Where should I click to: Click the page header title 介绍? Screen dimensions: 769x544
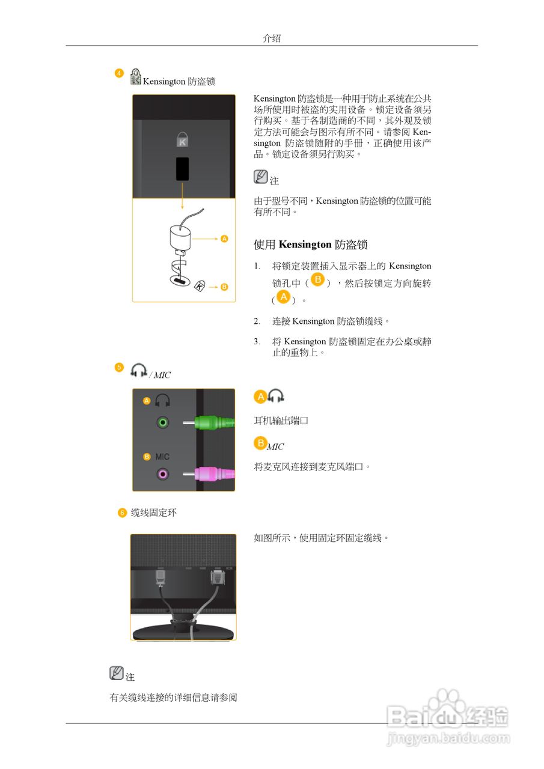point(272,38)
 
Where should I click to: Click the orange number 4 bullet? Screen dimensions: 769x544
point(119,73)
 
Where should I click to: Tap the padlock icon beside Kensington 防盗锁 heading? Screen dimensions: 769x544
point(136,76)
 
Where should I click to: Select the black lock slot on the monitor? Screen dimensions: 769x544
point(182,169)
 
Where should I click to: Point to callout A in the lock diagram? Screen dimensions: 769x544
point(224,239)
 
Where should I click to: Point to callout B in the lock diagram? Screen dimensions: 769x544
point(224,287)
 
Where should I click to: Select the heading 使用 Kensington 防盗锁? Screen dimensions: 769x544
point(310,245)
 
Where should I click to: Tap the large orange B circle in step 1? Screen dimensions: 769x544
point(319,281)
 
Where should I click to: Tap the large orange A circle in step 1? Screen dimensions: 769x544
point(283,297)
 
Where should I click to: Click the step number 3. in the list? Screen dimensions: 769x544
point(257,341)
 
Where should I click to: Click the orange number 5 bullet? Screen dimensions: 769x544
point(119,367)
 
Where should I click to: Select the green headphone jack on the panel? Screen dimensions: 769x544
point(162,422)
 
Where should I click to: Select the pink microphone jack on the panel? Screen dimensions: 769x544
point(162,474)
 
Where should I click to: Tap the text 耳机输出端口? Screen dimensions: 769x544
point(281,421)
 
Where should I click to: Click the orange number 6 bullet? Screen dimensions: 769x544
point(122,512)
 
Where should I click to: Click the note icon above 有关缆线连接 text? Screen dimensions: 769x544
point(117,673)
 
